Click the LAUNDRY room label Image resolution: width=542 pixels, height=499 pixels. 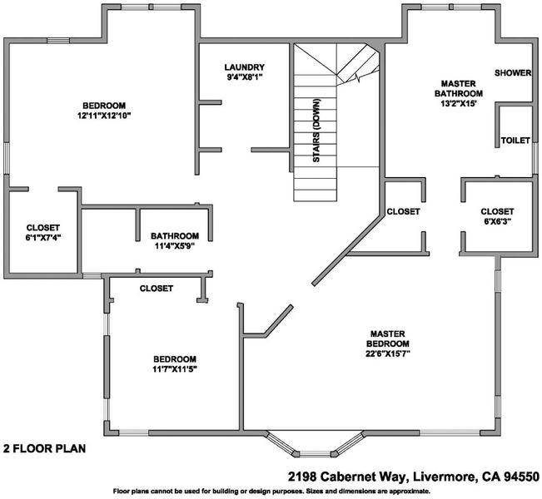(245, 67)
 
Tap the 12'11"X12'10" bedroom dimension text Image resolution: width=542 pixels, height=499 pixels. (104, 116)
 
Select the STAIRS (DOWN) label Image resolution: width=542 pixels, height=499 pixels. (316, 131)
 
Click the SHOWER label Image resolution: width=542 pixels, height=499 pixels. (513, 73)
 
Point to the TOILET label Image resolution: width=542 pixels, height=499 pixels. (515, 141)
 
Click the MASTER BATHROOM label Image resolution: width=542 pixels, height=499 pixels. (459, 88)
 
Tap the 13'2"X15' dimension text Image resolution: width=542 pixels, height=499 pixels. (459, 104)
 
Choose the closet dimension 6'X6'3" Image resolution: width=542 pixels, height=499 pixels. (497, 221)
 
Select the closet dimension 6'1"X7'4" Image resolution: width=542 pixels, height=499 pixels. (43, 237)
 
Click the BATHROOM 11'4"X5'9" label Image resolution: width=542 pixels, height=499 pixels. (175, 241)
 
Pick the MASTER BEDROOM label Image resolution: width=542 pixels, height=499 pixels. (388, 338)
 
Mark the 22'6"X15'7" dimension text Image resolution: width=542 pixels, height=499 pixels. (388, 353)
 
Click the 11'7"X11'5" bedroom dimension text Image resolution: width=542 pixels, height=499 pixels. (175, 368)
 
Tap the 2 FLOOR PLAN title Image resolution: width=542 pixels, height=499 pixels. (45, 448)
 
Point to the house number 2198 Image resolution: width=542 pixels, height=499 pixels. (302, 477)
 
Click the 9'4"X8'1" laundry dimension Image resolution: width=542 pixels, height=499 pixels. (245, 77)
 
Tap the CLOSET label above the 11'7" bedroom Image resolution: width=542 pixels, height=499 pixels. (157, 289)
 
